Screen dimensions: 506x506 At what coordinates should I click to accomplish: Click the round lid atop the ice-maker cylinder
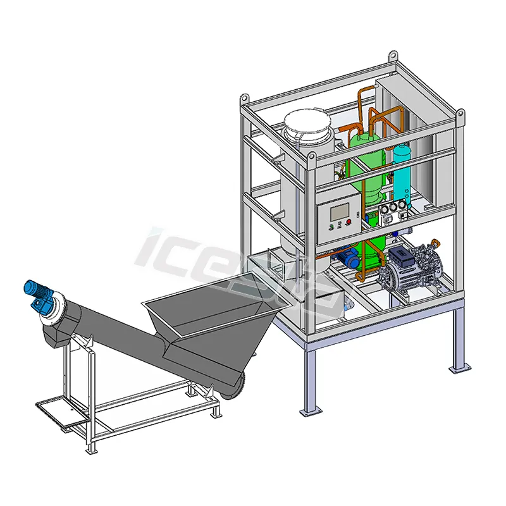tap(307, 123)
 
